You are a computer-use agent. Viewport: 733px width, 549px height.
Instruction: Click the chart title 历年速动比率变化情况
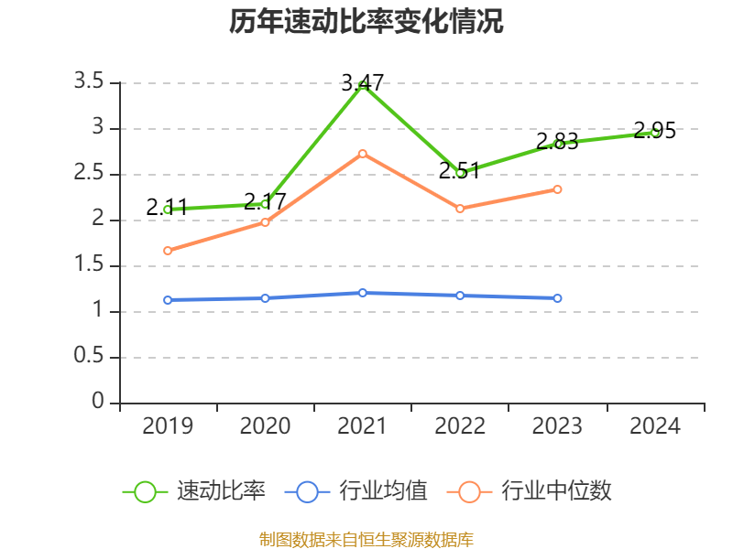366,22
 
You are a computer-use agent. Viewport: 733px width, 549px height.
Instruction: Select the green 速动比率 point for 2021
363,85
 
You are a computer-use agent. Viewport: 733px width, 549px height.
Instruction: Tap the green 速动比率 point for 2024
655,133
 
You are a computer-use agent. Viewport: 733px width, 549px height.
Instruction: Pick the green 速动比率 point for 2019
168,210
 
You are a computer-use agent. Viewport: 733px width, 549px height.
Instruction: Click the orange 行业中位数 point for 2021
363,154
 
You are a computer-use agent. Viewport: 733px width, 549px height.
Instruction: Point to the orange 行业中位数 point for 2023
557,189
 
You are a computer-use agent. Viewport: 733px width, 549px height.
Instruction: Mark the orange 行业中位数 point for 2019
168,251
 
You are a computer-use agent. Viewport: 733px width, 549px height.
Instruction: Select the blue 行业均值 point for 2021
363,293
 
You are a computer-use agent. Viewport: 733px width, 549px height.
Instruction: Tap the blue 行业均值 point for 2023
557,298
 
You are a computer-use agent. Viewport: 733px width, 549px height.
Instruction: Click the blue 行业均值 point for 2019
168,300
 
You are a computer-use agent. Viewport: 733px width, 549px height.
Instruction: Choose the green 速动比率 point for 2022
460,173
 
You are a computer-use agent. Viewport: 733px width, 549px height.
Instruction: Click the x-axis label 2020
265,426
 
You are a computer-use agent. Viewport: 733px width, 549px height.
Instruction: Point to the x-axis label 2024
655,426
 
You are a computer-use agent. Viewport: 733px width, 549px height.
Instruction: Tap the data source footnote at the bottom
366,539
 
